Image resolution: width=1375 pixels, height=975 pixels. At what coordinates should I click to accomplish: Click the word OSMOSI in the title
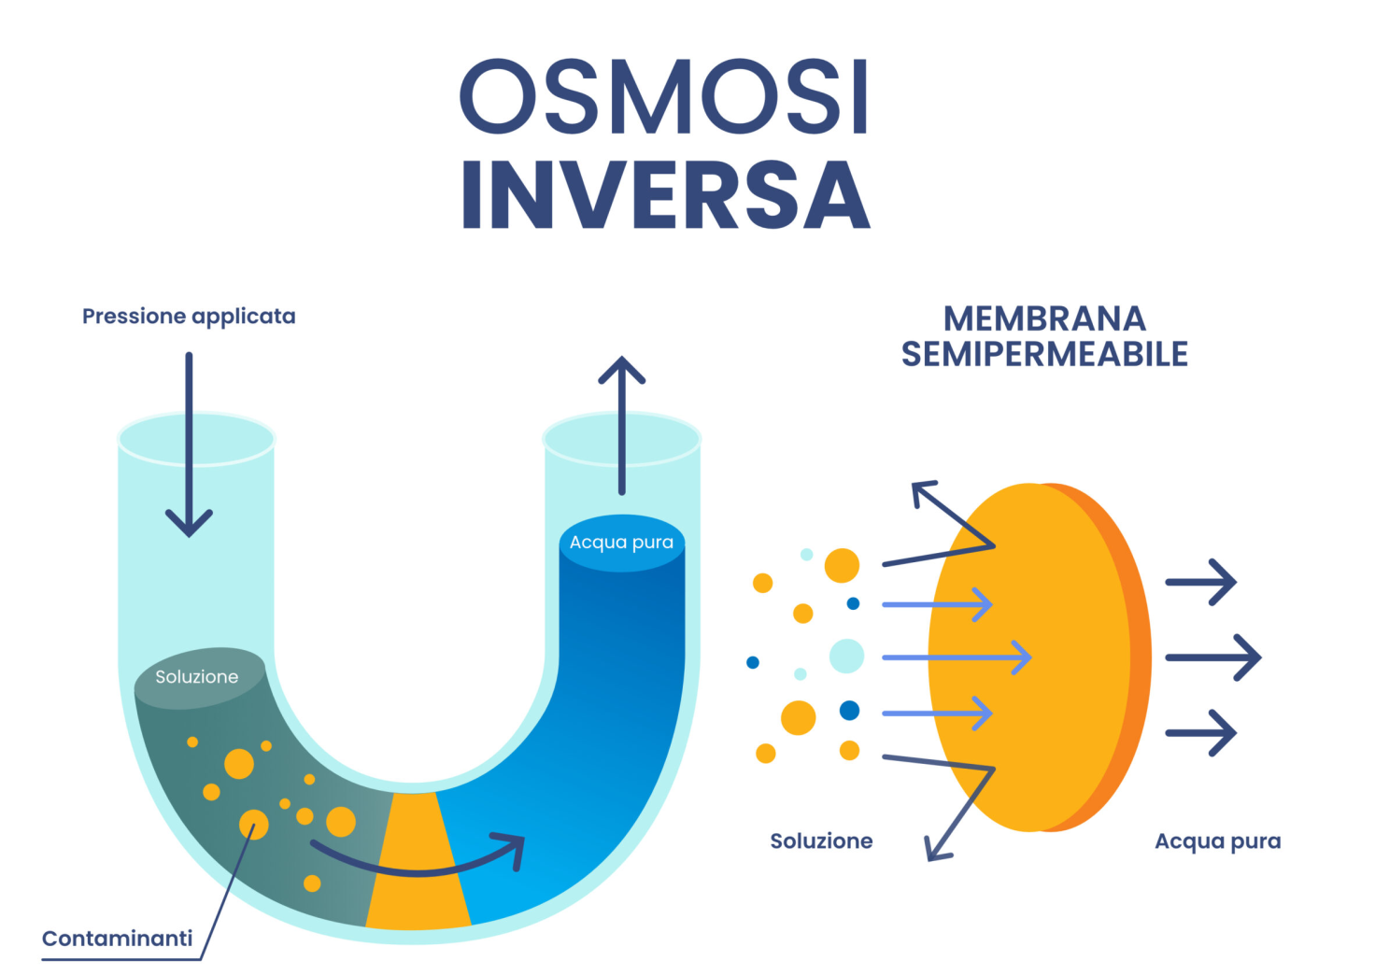(x=663, y=96)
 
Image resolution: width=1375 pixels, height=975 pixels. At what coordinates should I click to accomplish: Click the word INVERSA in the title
(x=666, y=194)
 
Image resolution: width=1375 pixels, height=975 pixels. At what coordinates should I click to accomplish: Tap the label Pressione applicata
(x=189, y=318)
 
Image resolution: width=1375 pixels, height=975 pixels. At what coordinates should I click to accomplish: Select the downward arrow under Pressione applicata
(x=189, y=445)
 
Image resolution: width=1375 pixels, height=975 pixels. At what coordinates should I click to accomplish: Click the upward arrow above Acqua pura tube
(x=622, y=425)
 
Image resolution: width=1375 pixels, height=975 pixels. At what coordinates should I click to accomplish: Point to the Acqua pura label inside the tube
(x=621, y=543)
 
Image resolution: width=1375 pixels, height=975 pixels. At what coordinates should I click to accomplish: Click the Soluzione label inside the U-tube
(x=196, y=677)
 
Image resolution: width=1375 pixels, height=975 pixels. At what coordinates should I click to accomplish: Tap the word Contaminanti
(x=118, y=939)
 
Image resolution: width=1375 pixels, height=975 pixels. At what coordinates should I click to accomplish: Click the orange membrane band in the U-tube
(x=418, y=860)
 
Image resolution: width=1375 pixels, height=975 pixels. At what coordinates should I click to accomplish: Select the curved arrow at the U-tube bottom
(x=418, y=870)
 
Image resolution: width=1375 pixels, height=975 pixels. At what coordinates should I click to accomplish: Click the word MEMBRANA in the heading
(x=1044, y=319)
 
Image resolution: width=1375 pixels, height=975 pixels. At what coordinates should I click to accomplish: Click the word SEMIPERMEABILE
(x=1044, y=354)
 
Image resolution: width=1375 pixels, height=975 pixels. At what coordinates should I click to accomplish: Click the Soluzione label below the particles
(x=821, y=841)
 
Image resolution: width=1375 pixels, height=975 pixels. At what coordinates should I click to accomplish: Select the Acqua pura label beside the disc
(x=1218, y=841)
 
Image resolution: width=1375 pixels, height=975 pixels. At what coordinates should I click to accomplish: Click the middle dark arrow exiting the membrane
(x=1213, y=657)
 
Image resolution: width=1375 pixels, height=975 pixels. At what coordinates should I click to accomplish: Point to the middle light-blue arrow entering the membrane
(x=957, y=657)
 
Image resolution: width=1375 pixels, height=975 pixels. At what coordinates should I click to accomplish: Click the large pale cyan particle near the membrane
(x=846, y=656)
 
